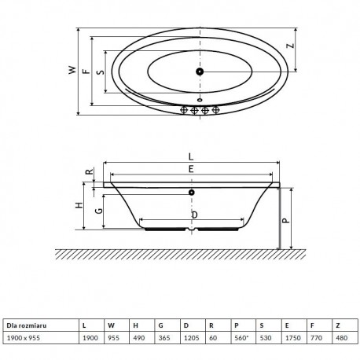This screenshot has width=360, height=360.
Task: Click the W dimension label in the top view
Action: pyautogui.click(x=72, y=70)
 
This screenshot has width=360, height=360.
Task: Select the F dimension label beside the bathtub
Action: pyautogui.click(x=86, y=71)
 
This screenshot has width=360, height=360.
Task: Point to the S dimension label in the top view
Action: pyautogui.click(x=100, y=72)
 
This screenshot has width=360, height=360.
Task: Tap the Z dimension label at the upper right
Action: pyautogui.click(x=290, y=46)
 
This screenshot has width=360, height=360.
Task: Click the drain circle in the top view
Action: pyautogui.click(x=200, y=72)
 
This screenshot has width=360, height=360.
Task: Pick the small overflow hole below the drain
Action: pyautogui.click(x=200, y=100)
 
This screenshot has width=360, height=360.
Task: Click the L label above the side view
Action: pyautogui.click(x=191, y=156)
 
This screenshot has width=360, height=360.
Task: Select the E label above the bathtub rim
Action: pyautogui.click(x=191, y=169)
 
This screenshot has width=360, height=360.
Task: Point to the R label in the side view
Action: pyautogui.click(x=90, y=172)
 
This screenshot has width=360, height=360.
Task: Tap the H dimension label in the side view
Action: pyautogui.click(x=79, y=205)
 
